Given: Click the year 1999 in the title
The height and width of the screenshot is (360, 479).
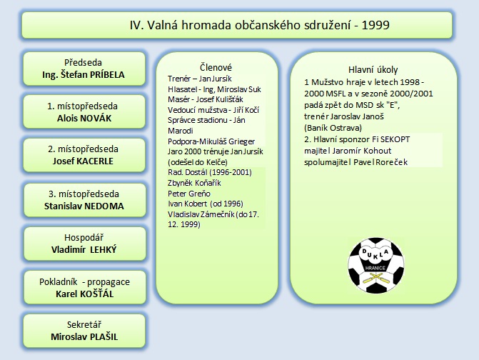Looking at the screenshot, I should click(x=375, y=25).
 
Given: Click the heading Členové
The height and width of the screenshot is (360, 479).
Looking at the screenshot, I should click(x=213, y=66).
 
